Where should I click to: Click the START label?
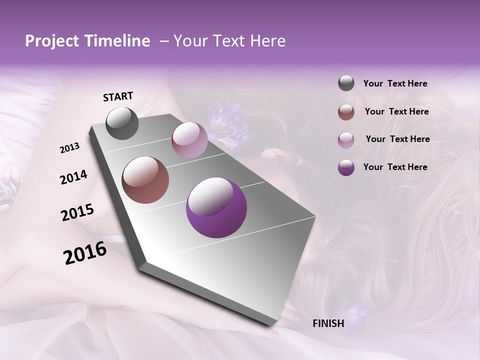point(118,96)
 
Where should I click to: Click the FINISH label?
point(328,323)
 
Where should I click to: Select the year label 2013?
point(70,148)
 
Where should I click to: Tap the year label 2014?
point(73,177)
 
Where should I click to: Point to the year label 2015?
point(77,212)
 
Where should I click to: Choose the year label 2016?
point(85,253)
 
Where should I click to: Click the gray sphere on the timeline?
point(122,123)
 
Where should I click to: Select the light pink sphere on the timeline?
point(189,140)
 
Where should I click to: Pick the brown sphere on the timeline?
point(145,180)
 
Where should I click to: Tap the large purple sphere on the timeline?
point(216,207)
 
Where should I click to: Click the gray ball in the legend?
point(346,83)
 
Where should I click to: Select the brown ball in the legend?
point(346,111)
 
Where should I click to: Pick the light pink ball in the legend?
point(346,139)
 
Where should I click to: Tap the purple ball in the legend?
point(346,167)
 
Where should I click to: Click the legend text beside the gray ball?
point(395,84)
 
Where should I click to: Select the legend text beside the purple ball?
point(395,167)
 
